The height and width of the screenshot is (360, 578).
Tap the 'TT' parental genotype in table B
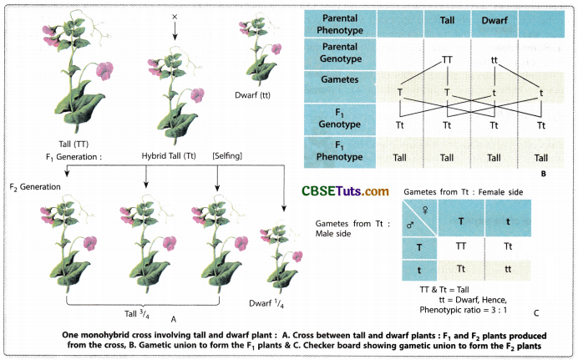click(x=449, y=60)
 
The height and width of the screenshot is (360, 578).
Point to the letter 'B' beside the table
click(x=544, y=174)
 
